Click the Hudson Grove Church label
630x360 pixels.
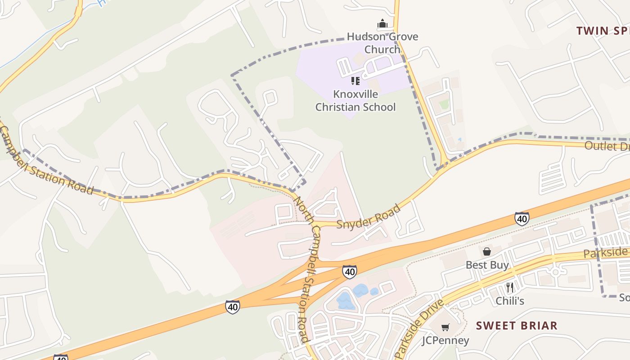pos(382,43)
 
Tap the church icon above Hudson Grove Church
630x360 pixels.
pos(382,23)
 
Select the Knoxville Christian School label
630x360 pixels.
pos(355,101)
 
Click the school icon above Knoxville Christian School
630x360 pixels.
pos(355,81)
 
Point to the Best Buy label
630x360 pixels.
pos(487,265)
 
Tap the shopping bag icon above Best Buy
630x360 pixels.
pos(487,251)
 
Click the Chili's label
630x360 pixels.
pos(510,301)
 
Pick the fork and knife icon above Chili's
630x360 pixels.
pos(510,287)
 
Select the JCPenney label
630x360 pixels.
pos(445,341)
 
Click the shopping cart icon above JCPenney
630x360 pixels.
pos(445,327)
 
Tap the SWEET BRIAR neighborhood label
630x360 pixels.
pos(517,325)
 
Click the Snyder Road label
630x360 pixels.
pos(368,216)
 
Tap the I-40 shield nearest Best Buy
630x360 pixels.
pos(522,219)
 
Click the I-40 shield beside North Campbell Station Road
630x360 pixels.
pos(349,271)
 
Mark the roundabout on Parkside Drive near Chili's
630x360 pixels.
pos(555,272)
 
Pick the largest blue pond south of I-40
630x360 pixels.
pos(346,301)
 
